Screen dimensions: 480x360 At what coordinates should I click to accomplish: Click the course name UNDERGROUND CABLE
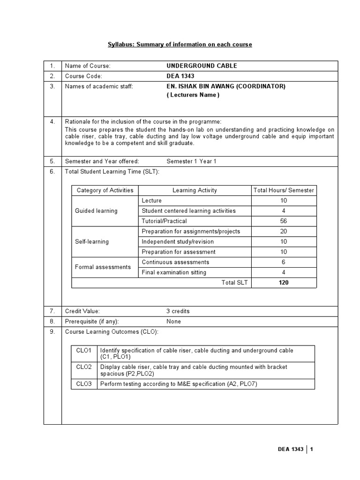click(202, 66)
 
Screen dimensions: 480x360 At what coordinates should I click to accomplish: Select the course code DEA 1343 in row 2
click(180, 76)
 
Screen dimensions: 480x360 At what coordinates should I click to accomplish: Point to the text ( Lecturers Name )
click(193, 95)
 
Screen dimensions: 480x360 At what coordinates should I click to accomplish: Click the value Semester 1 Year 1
click(191, 161)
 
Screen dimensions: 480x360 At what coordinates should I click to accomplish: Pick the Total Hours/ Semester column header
click(284, 190)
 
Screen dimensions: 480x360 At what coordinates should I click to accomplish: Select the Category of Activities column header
click(105, 190)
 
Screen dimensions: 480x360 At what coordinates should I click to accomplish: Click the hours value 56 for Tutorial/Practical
click(284, 221)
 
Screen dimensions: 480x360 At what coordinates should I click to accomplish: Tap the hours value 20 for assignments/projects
click(284, 231)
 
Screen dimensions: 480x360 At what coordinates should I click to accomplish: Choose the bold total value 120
click(284, 283)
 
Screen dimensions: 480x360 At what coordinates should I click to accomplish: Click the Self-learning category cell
click(92, 241)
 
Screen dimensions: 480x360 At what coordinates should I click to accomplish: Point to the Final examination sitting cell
click(174, 272)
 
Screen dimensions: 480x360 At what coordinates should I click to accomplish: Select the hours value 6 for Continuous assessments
click(284, 262)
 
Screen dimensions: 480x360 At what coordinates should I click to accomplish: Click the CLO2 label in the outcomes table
click(84, 367)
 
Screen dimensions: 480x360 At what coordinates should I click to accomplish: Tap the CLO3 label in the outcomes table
click(84, 384)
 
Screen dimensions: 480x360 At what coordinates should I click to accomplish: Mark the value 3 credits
click(178, 311)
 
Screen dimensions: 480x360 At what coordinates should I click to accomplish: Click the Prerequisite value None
click(173, 322)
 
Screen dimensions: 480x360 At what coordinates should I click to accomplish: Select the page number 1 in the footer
click(311, 450)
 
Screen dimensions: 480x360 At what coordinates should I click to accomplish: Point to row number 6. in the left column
click(52, 172)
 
